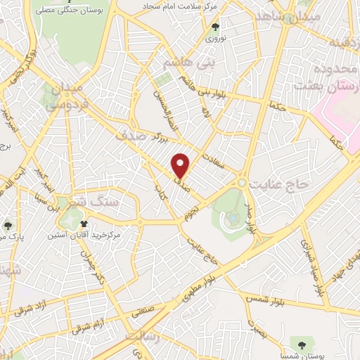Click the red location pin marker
pyautogui.click(x=181, y=165)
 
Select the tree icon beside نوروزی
pyautogui.click(x=216, y=27)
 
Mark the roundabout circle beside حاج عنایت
pyautogui.click(x=242, y=182)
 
